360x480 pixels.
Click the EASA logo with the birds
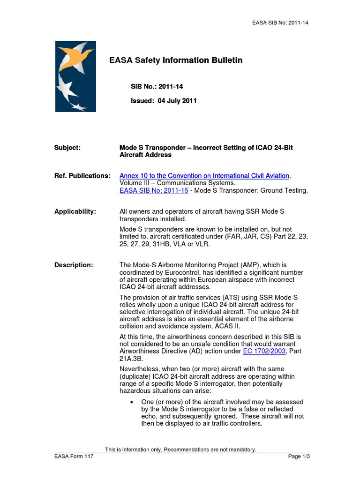(75, 76)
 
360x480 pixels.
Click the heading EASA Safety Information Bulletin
(176, 60)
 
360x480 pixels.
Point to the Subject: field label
(67, 148)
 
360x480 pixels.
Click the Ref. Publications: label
(82, 176)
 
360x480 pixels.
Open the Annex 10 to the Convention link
(205, 176)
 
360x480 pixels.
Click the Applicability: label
(75, 212)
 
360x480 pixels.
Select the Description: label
(74, 265)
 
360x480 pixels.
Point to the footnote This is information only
(180, 450)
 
